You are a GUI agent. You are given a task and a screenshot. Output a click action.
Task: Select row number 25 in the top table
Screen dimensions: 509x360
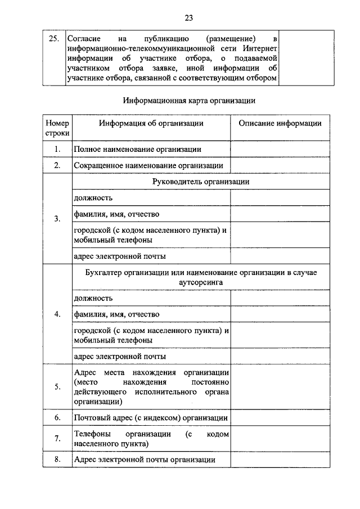tap(54, 39)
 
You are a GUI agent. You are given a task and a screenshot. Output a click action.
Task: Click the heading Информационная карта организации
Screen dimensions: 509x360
tap(189, 101)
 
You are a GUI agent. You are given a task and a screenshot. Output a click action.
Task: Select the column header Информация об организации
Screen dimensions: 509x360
tap(151, 124)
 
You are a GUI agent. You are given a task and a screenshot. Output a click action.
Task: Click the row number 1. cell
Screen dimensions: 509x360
tap(57, 149)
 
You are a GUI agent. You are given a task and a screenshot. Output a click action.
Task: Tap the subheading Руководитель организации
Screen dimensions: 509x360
tap(201, 182)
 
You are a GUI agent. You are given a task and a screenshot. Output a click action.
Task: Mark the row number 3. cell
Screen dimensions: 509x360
tap(57, 219)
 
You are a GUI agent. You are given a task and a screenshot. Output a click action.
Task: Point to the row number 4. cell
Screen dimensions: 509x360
tap(57, 314)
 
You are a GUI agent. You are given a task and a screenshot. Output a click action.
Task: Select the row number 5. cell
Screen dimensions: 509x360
tap(57, 387)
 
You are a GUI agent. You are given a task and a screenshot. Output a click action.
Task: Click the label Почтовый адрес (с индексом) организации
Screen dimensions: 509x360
tap(150, 418)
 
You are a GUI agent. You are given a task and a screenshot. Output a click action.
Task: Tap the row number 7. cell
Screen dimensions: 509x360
tap(57, 439)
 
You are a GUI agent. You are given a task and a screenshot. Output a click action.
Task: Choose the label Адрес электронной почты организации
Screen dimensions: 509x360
tap(145, 460)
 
